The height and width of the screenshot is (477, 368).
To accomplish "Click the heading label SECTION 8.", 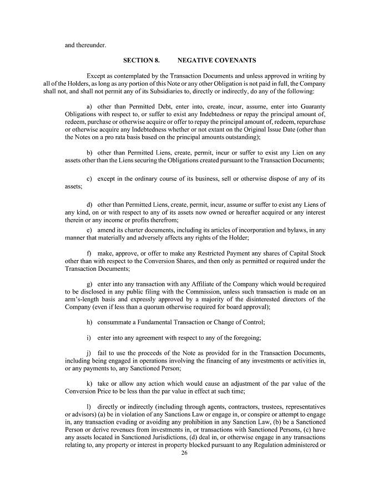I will (142, 59).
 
